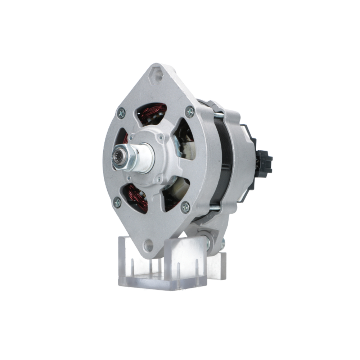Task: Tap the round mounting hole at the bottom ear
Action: pos(148,246)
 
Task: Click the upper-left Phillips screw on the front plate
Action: pos(121,113)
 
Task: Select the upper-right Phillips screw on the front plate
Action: pos(190,112)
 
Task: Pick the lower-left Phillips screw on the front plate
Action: pos(117,202)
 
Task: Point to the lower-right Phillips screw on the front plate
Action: pos(185,207)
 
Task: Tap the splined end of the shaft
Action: pos(118,159)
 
